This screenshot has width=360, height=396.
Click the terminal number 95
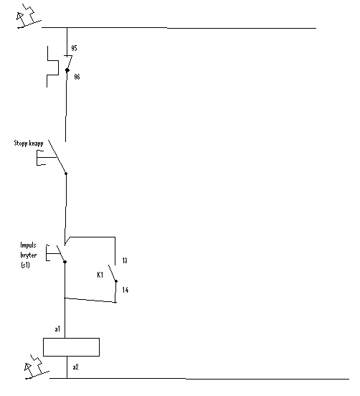click(x=74, y=48)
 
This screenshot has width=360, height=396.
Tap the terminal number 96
click(x=77, y=77)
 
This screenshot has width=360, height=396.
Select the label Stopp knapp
click(x=29, y=143)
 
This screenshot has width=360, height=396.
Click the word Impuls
click(x=28, y=245)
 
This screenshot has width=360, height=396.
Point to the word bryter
click(x=29, y=255)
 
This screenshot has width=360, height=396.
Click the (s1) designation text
click(x=26, y=265)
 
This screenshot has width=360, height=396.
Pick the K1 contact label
click(x=100, y=275)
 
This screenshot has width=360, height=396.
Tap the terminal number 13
click(x=125, y=260)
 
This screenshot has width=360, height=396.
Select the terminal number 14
click(x=125, y=290)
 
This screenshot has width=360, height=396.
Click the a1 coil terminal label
click(x=57, y=329)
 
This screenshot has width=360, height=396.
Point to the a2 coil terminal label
click(x=75, y=367)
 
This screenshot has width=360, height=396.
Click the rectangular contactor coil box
click(x=71, y=347)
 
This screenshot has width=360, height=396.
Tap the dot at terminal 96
click(x=67, y=70)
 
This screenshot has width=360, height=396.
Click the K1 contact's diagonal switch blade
click(x=113, y=273)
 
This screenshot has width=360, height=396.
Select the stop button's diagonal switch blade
click(x=57, y=157)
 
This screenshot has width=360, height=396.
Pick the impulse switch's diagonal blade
click(x=61, y=253)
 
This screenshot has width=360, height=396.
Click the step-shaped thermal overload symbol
click(x=53, y=67)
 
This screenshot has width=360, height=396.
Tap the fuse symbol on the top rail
click(x=29, y=16)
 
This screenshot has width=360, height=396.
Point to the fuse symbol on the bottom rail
click(x=37, y=367)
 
